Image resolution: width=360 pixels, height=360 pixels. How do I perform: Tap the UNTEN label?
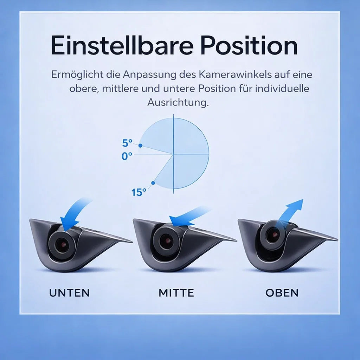pyautogui.click(x=69, y=292)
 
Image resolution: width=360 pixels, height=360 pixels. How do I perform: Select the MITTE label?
pyautogui.click(x=176, y=292)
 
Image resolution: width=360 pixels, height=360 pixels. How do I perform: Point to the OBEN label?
pyautogui.click(x=282, y=292)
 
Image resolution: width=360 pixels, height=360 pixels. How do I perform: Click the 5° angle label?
pyautogui.click(x=127, y=143)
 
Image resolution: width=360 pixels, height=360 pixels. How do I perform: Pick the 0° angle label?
pyautogui.click(x=127, y=156)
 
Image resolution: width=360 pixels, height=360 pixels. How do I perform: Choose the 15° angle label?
pyautogui.click(x=139, y=192)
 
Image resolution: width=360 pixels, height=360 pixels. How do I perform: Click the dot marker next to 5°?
pyautogui.click(x=140, y=146)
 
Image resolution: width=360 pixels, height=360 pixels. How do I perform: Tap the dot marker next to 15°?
pyautogui.click(x=153, y=183)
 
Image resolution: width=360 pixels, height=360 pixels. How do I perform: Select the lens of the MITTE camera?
pyautogui.click(x=166, y=241)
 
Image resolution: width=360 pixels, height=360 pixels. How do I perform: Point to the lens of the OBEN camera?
pyautogui.click(x=272, y=234)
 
